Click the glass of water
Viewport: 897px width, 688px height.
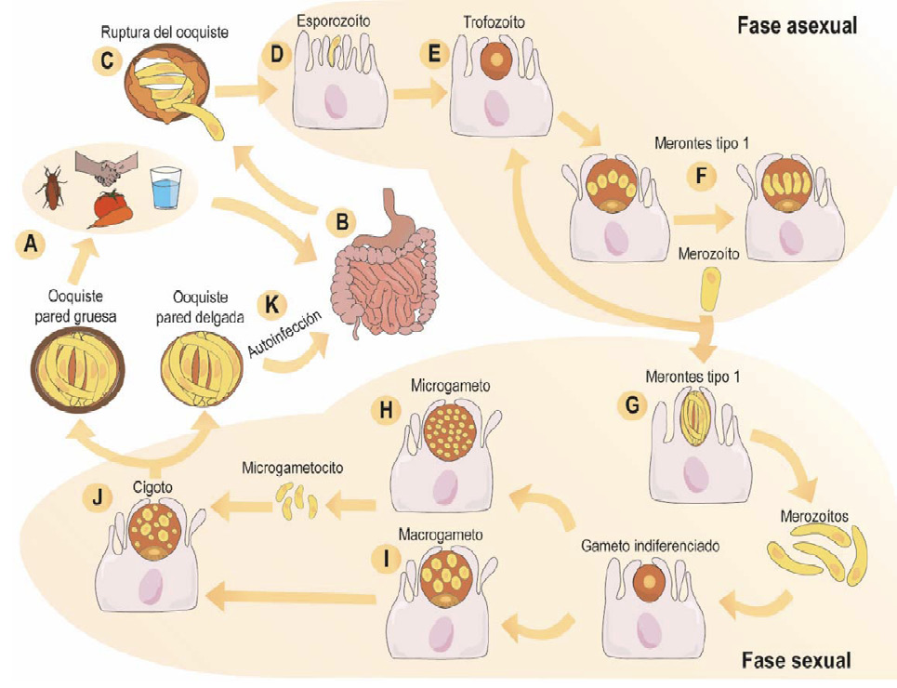pyautogui.click(x=166, y=187)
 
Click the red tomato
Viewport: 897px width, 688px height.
pyautogui.click(x=108, y=205)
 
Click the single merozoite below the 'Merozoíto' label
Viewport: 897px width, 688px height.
pyautogui.click(x=711, y=289)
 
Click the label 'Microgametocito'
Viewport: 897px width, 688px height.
pyautogui.click(x=292, y=467)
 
